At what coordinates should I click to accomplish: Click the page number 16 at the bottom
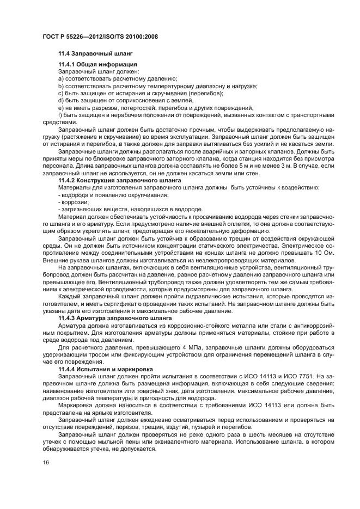46,462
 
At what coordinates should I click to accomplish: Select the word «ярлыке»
111,411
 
